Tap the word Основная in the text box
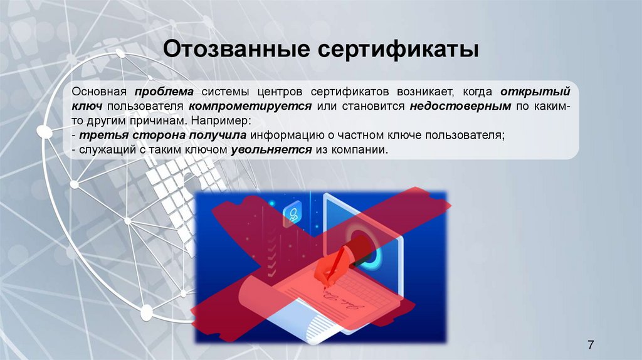99,92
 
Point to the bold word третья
96,135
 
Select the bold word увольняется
271,150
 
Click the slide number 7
591,344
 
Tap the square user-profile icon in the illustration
292,214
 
